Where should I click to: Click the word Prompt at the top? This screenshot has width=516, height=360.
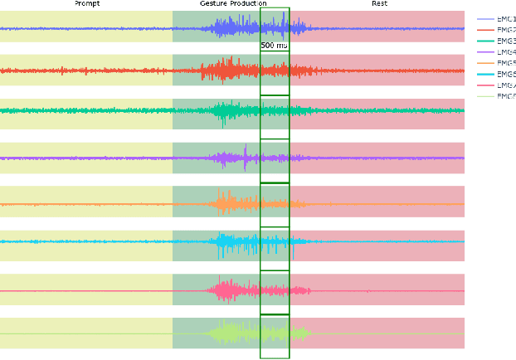click(87, 4)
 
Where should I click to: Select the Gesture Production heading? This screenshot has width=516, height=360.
click(233, 4)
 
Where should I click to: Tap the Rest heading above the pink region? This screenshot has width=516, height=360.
click(379, 4)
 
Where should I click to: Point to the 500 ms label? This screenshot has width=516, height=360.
click(274, 46)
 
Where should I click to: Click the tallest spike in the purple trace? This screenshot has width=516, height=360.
click(246, 150)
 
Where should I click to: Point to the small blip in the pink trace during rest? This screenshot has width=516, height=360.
click(368, 290)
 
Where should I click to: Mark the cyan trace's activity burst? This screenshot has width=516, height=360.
click(228, 242)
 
